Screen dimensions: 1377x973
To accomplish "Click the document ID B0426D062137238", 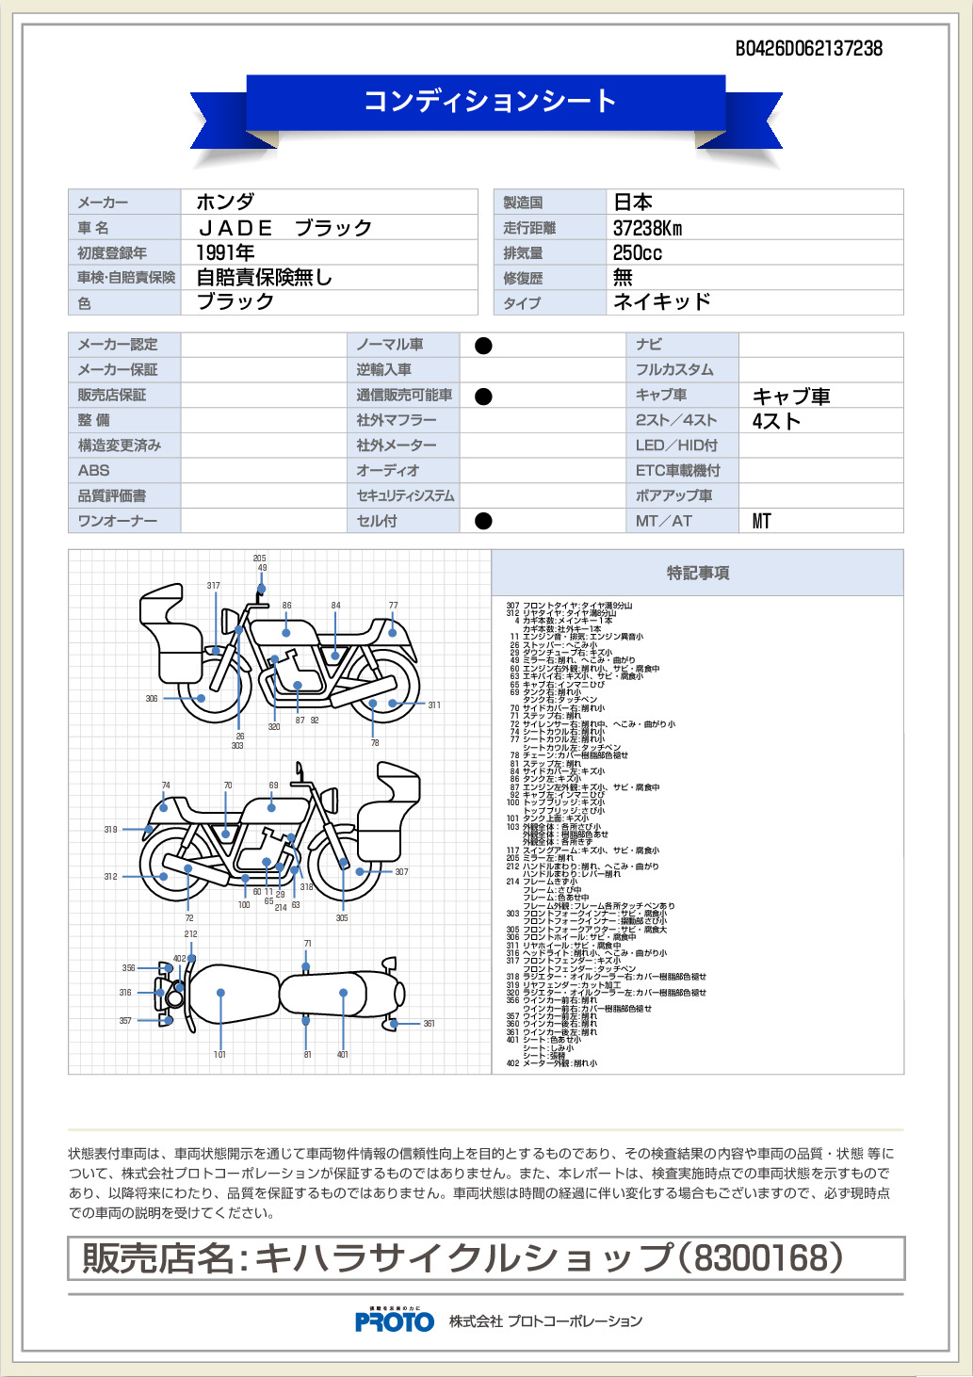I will (808, 49).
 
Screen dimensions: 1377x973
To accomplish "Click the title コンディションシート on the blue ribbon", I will (490, 101).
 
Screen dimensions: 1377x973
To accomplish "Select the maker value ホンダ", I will (225, 202).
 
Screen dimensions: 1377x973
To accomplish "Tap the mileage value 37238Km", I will (647, 228).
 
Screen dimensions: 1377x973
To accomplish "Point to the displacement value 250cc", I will (637, 253).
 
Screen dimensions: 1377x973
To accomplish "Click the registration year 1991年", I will (225, 252).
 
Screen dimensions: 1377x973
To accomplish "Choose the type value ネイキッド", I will (661, 301).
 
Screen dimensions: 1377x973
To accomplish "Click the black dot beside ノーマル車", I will (483, 346).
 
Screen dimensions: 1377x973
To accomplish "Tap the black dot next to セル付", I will (483, 521).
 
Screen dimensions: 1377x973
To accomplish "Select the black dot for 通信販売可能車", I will (483, 397).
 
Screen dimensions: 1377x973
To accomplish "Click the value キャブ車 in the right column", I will (791, 397).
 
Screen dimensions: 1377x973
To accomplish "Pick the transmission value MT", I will (761, 521).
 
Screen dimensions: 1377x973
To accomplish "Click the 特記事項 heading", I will (698, 573).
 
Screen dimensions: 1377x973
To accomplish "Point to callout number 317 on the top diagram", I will (214, 586).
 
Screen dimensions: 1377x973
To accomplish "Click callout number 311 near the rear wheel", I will (434, 705).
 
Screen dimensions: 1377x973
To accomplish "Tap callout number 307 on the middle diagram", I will (401, 872).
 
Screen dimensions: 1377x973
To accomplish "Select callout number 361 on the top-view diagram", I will (429, 1024).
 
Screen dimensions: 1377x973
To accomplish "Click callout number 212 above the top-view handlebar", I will (191, 934).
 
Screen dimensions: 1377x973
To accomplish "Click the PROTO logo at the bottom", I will (395, 1321).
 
